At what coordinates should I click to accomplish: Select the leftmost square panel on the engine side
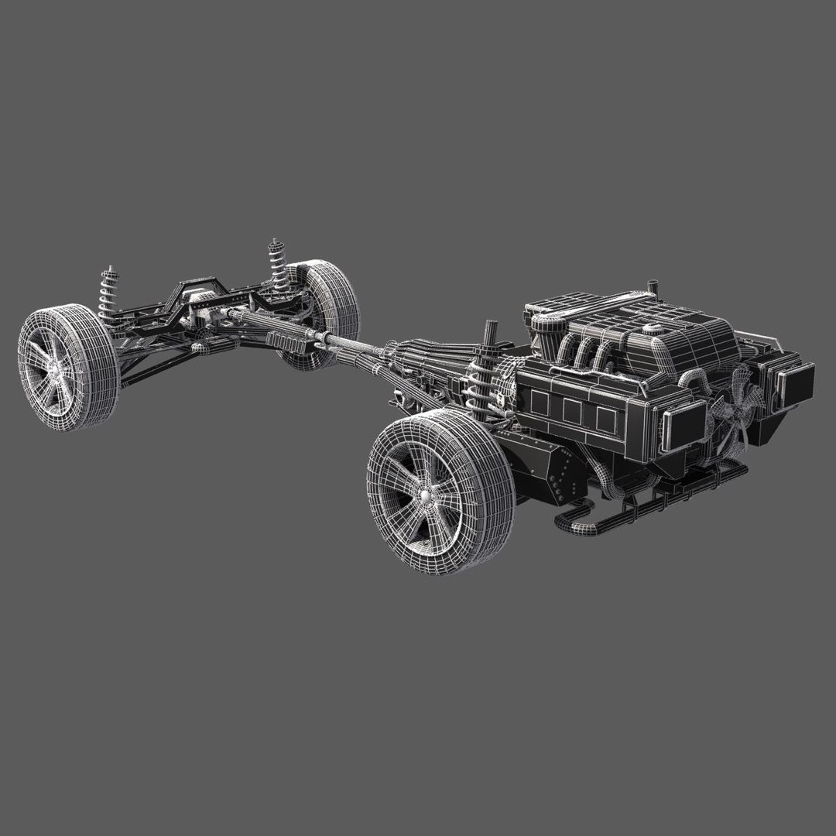(538, 403)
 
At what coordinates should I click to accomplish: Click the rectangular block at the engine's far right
(797, 381)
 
